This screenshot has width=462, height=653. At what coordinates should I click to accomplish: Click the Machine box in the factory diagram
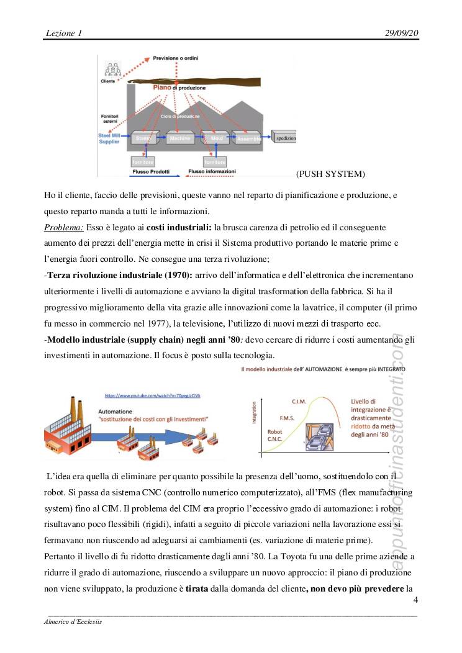pyautogui.click(x=181, y=138)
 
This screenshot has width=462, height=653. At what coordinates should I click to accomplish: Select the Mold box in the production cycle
pyautogui.click(x=215, y=138)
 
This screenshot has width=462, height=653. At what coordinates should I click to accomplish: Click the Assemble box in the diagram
pyautogui.click(x=249, y=139)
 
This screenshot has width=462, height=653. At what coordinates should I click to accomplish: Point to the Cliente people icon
pyautogui.click(x=113, y=70)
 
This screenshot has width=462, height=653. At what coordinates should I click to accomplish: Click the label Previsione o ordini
pyautogui.click(x=180, y=59)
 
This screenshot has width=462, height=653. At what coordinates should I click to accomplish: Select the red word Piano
pyautogui.click(x=162, y=88)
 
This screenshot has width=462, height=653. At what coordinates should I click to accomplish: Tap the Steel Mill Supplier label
pyautogui.click(x=109, y=138)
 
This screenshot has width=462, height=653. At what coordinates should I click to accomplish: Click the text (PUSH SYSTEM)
pyautogui.click(x=330, y=173)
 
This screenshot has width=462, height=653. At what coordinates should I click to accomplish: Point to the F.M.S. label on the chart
pyautogui.click(x=288, y=418)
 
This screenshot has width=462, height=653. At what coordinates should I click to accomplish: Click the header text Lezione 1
pyautogui.click(x=64, y=32)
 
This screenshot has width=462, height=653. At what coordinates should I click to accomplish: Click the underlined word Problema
pyautogui.click(x=64, y=227)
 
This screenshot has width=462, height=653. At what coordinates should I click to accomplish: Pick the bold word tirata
pyautogui.click(x=186, y=588)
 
